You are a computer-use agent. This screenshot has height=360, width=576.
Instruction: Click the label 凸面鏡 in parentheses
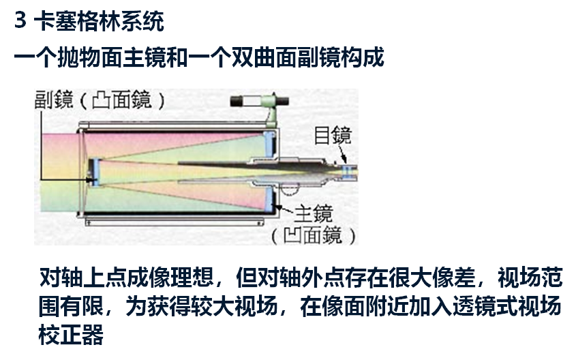click(x=121, y=102)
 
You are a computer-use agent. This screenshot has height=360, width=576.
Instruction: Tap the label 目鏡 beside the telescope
click(x=333, y=135)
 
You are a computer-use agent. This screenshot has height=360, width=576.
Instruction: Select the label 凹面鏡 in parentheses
click(x=314, y=236)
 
